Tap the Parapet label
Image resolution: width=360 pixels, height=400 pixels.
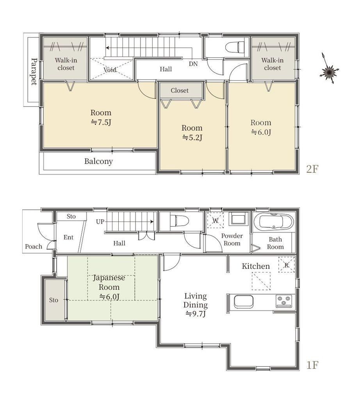point(34,71)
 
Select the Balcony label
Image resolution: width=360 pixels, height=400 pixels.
point(98,161)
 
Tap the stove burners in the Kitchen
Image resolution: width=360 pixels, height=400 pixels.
point(284,301)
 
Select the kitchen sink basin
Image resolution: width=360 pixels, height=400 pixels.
point(244,302)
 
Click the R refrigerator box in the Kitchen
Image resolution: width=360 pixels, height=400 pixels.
point(286,265)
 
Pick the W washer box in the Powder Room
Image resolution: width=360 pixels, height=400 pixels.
point(216,220)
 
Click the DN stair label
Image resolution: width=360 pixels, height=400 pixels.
point(193,64)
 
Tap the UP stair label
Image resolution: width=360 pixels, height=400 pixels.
point(100,222)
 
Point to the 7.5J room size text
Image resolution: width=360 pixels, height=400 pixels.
point(101,123)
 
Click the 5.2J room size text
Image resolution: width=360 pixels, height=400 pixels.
point(192,138)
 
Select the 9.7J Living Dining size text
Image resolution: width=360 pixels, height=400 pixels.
point(196,314)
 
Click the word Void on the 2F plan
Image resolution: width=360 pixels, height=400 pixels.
point(110,70)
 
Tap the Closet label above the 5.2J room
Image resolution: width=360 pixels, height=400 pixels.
point(180,91)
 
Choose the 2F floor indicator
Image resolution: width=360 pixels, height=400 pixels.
point(312,169)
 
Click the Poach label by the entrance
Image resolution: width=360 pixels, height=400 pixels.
point(34,246)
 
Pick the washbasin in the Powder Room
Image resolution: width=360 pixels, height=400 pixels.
point(238,219)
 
